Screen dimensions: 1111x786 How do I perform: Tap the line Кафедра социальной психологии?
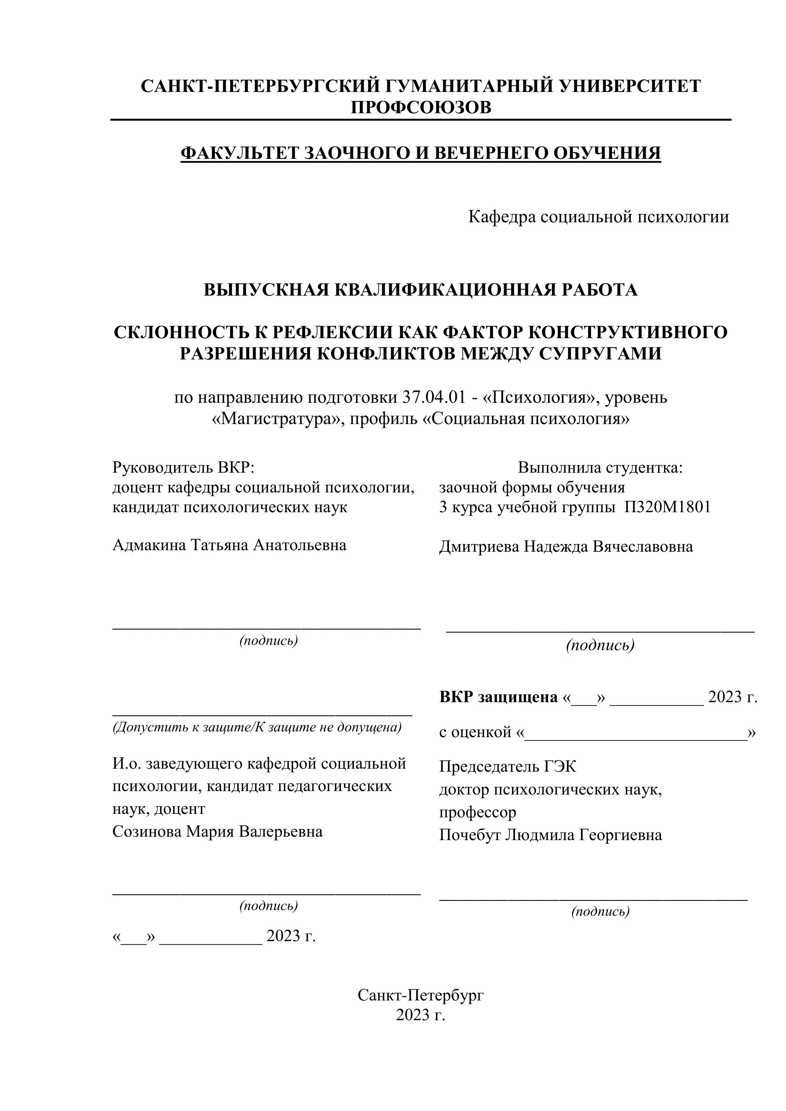click(598, 217)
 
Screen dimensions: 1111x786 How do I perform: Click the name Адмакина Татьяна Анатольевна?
click(230, 545)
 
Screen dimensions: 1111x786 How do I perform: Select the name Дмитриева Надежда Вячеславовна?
click(566, 547)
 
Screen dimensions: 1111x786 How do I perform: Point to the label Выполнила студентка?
click(600, 467)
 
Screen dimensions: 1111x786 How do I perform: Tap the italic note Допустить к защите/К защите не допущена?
click(257, 727)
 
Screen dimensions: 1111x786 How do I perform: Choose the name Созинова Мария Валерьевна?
click(217, 832)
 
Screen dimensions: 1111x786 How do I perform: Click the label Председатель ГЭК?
click(508, 767)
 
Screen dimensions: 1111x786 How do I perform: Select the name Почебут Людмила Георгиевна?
click(550, 835)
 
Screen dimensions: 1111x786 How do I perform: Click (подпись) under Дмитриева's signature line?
click(600, 645)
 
